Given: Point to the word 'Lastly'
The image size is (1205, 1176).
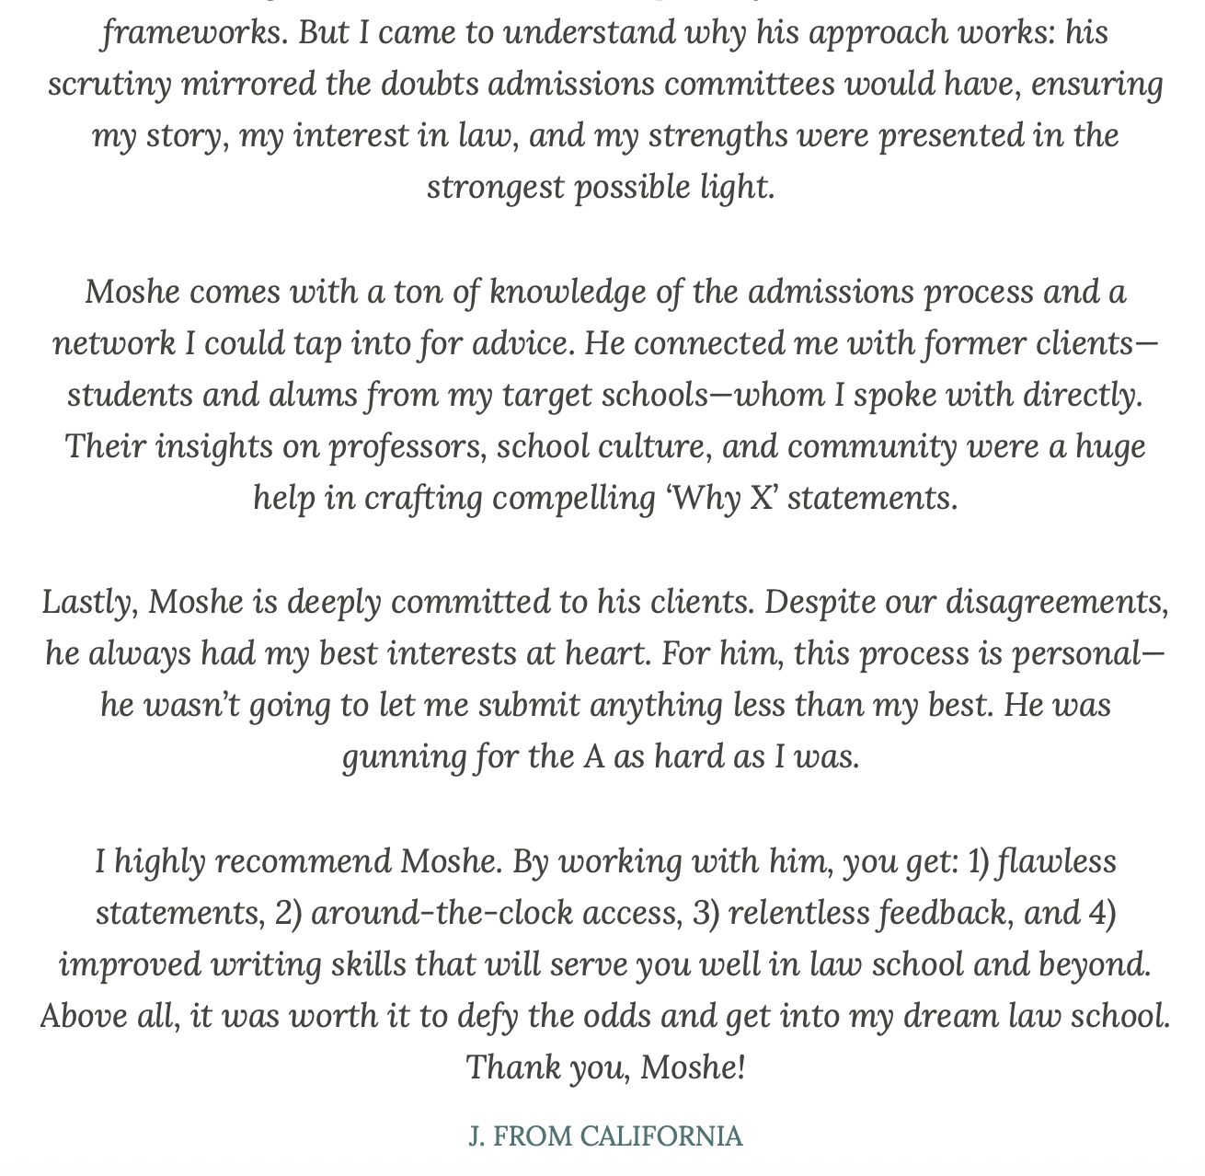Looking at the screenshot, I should (x=88, y=603).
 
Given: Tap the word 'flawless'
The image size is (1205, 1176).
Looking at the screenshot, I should (x=1056, y=862).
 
